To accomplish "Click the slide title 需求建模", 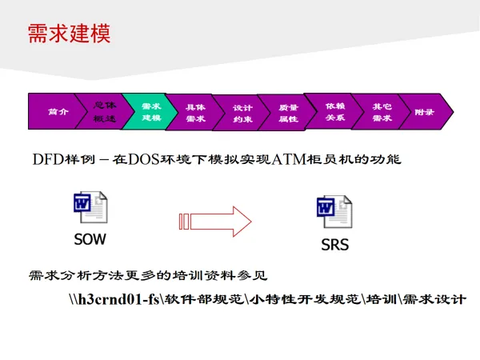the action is point(69,34).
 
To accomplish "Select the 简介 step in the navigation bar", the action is point(57,112).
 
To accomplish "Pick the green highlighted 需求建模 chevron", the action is point(150,111).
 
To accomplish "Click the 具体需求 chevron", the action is point(195,112).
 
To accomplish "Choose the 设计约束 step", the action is point(242,112).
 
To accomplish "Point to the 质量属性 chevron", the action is point(288,112).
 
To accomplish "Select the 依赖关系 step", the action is point(334,111).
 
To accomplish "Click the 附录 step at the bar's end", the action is point(425,112).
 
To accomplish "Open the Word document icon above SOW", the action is point(90,208).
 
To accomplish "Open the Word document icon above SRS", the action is point(334,210).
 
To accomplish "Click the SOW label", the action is point(90,238).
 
